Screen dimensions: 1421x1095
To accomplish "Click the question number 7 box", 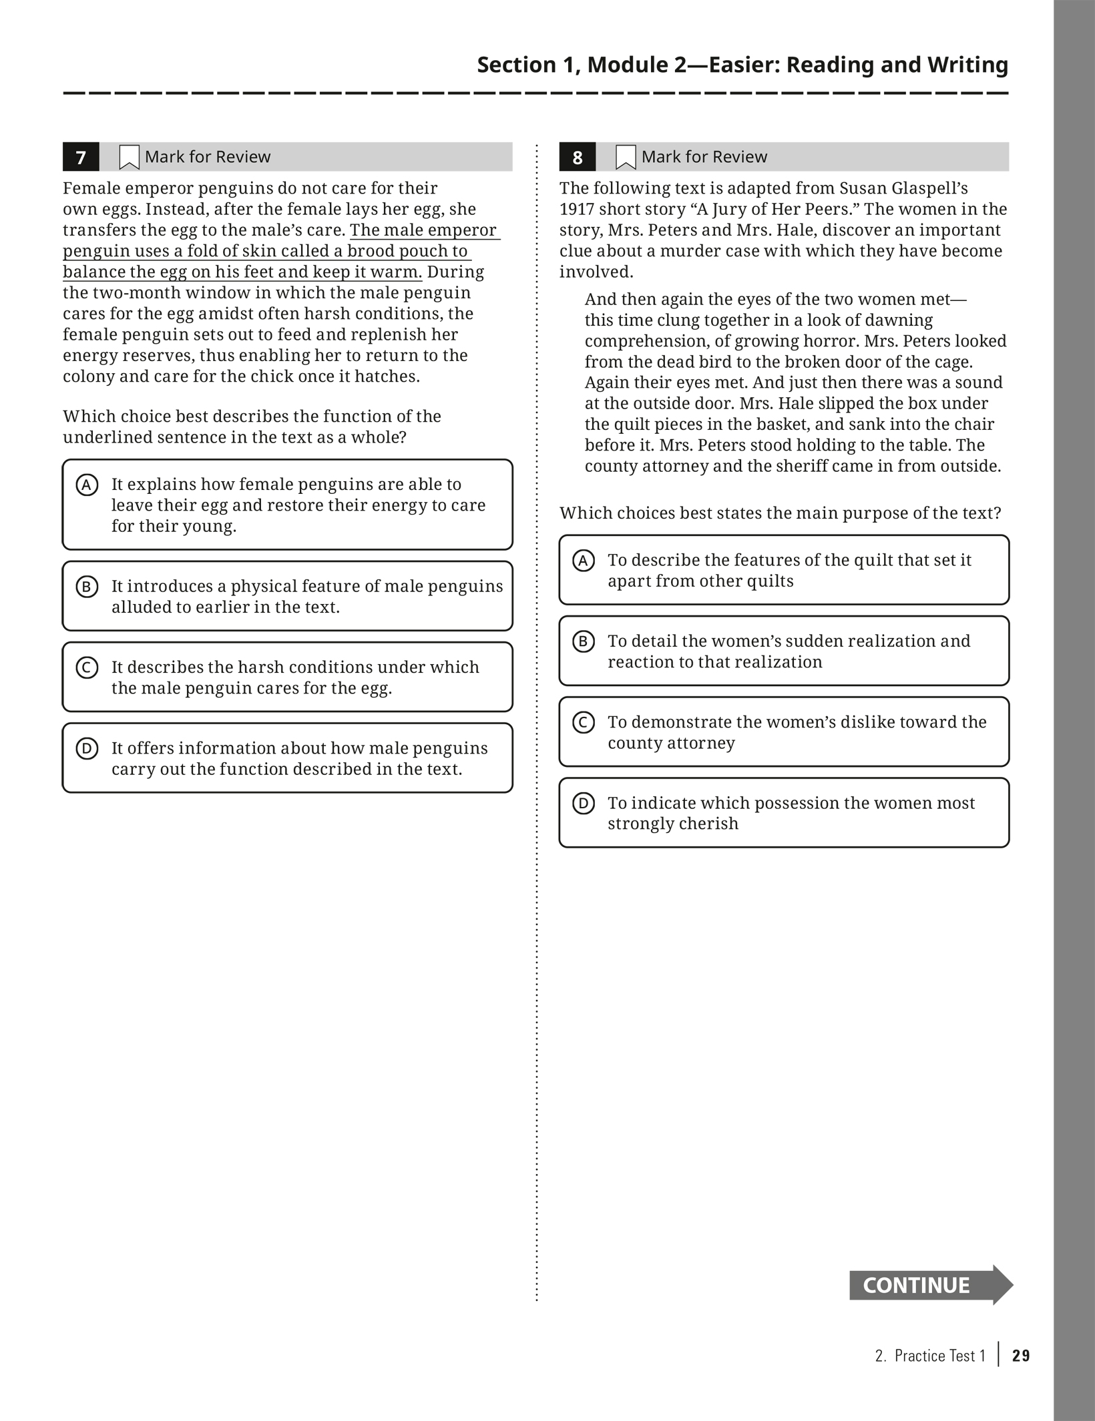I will (81, 157).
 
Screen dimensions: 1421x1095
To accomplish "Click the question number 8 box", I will (578, 157).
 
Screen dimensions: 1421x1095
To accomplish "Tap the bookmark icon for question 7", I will (129, 158).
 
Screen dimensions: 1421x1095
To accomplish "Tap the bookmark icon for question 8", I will (626, 158).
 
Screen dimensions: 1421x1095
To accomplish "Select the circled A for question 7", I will (87, 485).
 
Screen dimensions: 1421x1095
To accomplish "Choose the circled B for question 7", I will (87, 587).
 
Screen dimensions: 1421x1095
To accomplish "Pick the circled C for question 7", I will (87, 667).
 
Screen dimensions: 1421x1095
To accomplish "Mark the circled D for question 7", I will (87, 748).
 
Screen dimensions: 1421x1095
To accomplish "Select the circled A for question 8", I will (584, 561).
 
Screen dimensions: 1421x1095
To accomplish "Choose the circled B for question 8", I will (584, 641).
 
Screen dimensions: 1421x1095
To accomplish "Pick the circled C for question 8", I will (584, 722).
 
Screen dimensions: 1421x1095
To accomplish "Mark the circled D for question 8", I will (584, 803).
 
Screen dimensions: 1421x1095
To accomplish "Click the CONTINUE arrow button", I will (930, 1285).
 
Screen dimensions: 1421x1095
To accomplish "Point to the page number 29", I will (1021, 1356).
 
